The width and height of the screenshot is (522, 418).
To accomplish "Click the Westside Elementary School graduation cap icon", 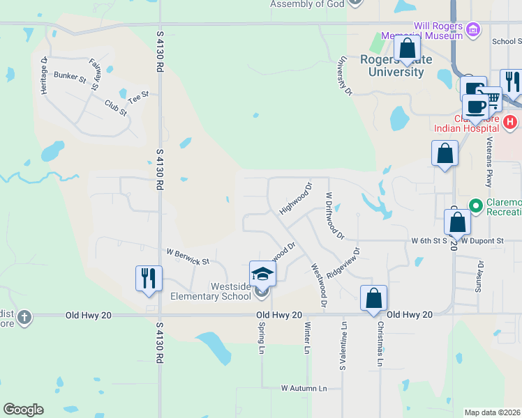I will [x=262, y=273].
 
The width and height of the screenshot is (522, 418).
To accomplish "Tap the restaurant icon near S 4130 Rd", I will [x=149, y=278].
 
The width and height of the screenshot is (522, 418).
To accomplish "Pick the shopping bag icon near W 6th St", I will [x=457, y=223].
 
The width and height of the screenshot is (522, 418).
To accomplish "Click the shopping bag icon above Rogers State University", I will [x=407, y=49].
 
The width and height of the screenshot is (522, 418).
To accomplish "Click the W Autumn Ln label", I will [x=304, y=387].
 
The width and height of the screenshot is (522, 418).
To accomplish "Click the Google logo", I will [x=23, y=410].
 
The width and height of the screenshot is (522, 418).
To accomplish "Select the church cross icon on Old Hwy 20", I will [x=24, y=318].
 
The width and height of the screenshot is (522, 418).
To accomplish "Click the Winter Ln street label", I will [x=306, y=338].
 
